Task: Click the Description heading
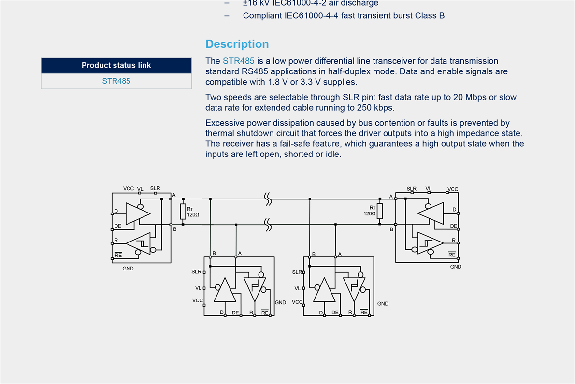pos(237,44)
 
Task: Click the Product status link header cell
pos(116,65)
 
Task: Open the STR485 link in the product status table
pos(116,81)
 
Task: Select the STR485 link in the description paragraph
pos(238,61)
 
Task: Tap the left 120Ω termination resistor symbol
pos(183,211)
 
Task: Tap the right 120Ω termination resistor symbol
pos(380,211)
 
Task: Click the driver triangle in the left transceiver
pos(137,213)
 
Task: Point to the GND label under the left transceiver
pos(128,268)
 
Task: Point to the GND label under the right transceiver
pos(456,267)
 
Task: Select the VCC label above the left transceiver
pos(129,188)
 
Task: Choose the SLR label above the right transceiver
pos(411,189)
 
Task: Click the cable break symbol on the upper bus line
pos(267,199)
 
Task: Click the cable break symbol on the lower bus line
pos(267,224)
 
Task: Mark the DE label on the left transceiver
pos(117,226)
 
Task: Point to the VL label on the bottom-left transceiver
pos(198,287)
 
